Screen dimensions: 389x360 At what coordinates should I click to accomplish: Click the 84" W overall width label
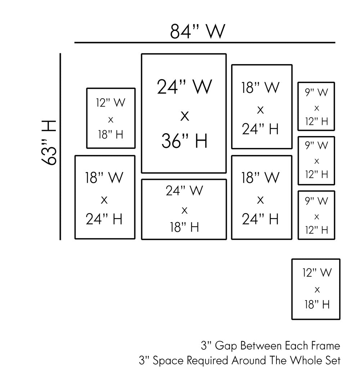[198, 32]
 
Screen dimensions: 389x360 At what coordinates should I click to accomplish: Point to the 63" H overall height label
[48, 143]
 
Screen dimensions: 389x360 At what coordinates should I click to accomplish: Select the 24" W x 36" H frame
[184, 113]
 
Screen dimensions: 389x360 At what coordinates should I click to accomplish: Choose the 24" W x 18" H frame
[184, 209]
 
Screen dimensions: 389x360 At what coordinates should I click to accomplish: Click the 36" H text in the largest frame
[184, 141]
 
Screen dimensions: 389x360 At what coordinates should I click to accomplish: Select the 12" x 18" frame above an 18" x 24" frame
[111, 118]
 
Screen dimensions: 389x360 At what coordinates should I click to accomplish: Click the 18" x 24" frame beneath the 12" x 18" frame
[105, 197]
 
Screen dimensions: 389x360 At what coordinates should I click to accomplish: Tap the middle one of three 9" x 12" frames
[316, 160]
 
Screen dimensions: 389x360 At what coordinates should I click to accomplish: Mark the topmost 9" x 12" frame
[316, 107]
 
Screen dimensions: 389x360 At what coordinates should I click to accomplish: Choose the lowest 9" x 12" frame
[316, 215]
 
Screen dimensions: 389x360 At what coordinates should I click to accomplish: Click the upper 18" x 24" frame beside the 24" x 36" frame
[261, 107]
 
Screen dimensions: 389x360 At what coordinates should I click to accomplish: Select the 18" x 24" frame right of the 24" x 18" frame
[261, 197]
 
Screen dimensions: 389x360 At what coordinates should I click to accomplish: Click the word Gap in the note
[226, 346]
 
